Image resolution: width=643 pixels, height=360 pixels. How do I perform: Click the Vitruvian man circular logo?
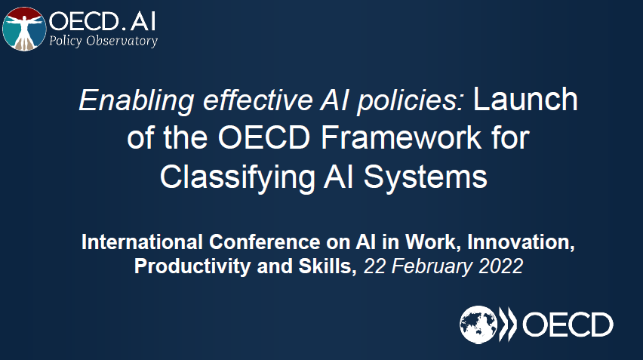(24, 29)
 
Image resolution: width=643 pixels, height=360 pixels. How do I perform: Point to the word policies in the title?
(411, 100)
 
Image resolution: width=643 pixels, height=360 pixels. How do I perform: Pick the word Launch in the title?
(525, 99)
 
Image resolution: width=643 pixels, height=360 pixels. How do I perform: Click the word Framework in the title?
(400, 137)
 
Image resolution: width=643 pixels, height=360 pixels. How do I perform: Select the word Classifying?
(237, 177)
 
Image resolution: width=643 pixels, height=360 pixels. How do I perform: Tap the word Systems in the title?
(425, 177)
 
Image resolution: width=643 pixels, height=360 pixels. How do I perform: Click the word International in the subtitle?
(142, 242)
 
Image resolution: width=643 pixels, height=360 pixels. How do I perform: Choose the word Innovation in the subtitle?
(521, 242)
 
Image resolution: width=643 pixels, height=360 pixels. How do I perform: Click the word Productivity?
(192, 266)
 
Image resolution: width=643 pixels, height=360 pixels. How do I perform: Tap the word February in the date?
(432, 266)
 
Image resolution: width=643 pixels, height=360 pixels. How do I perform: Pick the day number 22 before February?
(375, 266)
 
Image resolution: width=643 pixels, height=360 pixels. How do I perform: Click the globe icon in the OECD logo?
(478, 325)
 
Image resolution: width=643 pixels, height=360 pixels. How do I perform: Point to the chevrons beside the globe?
(508, 325)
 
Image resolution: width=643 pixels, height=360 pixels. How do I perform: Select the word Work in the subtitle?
(432, 242)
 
